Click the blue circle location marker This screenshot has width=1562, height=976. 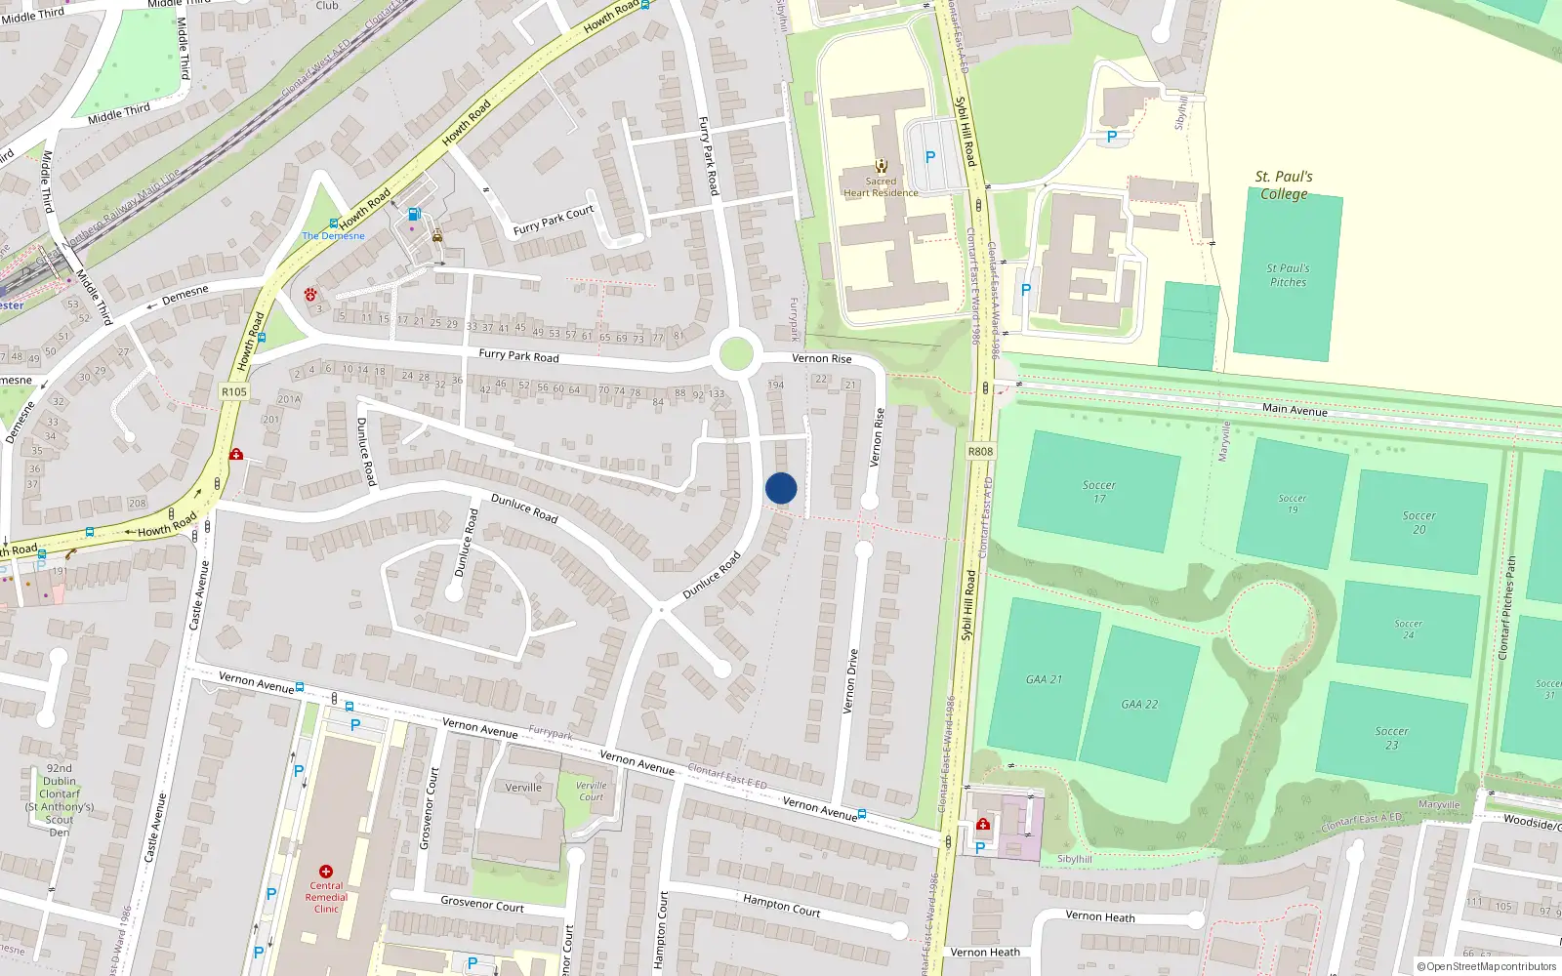(x=781, y=488)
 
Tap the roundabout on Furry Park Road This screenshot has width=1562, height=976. (x=735, y=354)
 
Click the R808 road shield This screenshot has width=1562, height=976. (x=980, y=451)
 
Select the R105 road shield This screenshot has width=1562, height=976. (x=234, y=391)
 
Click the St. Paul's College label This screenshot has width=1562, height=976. (x=1284, y=184)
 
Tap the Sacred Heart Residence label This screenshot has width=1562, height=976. (x=881, y=186)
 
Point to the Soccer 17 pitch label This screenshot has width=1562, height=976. (x=1099, y=491)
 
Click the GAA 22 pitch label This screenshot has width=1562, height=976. (x=1139, y=704)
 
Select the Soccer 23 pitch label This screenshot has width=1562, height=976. (x=1391, y=738)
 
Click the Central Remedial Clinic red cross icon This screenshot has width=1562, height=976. (x=326, y=871)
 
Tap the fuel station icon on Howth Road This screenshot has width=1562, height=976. (x=414, y=215)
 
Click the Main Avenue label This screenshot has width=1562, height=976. (x=1295, y=409)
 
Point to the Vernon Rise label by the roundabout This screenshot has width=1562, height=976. (x=821, y=358)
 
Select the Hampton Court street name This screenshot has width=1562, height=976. (x=781, y=905)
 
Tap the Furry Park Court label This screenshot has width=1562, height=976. (x=554, y=221)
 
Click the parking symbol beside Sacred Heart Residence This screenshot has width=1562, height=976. (x=930, y=157)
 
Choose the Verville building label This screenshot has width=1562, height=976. (x=523, y=788)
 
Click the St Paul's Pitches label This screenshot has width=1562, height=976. (x=1289, y=275)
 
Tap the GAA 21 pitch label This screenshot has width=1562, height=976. (x=1044, y=679)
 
